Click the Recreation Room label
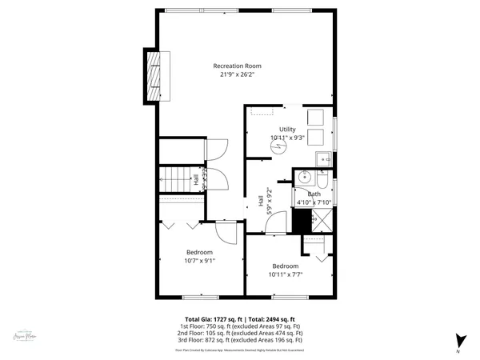237,66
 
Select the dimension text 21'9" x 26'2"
237,74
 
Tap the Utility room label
287,129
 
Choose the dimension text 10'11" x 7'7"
285,274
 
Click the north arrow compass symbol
459,340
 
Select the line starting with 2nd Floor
240,333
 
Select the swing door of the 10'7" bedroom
225,233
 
